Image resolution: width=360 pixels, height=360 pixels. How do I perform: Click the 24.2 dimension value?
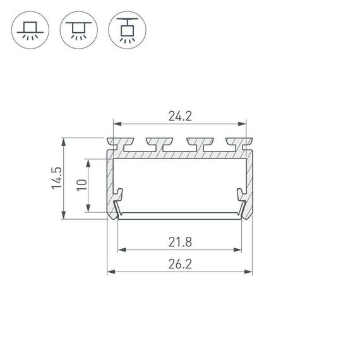click(x=180, y=116)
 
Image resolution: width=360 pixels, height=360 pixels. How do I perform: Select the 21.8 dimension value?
click(x=180, y=241)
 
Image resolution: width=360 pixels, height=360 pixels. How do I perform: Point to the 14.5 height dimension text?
click(x=56, y=179)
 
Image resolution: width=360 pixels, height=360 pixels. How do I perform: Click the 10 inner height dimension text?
click(x=80, y=186)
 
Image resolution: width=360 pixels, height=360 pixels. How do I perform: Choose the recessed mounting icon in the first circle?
click(x=28, y=30)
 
